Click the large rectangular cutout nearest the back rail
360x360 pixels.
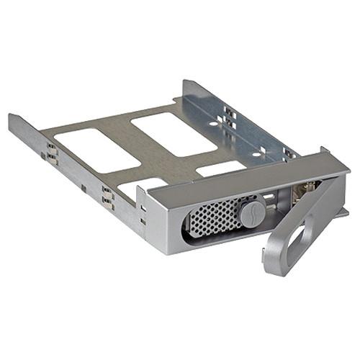coord(174,132)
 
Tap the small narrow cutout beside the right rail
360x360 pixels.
coord(220,169)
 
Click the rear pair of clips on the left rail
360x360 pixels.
coord(53,153)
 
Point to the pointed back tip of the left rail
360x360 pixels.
coord(11,116)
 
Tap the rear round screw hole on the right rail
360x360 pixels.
coord(213,123)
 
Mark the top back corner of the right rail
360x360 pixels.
coord(185,81)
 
